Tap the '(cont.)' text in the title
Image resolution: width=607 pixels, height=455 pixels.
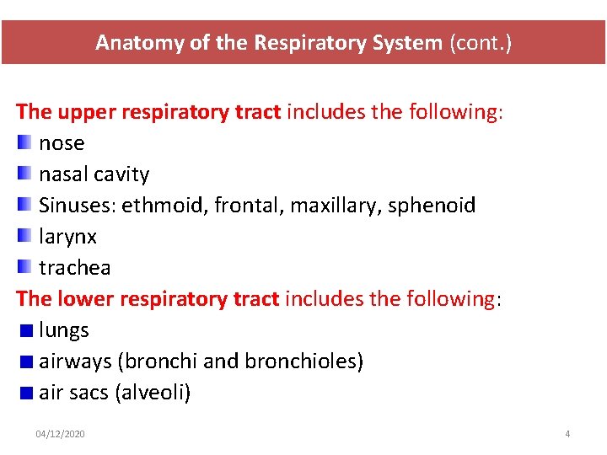pos(479,43)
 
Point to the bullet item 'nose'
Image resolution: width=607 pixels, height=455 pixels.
pos(62,143)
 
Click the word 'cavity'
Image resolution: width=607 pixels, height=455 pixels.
pos(121,174)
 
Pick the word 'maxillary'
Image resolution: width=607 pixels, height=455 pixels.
pos(335,206)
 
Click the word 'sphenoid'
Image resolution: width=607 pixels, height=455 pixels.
pos(432,206)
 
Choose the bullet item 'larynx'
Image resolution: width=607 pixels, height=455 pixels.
pos(67,237)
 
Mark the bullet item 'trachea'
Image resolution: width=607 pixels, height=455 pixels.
pos(74,268)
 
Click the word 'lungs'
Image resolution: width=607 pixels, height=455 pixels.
pos(64,330)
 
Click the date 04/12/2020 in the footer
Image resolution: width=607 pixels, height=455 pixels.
pos(60,434)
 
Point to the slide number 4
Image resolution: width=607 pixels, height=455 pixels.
pos(567,434)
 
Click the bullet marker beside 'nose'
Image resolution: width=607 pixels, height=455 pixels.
pos(24,142)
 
